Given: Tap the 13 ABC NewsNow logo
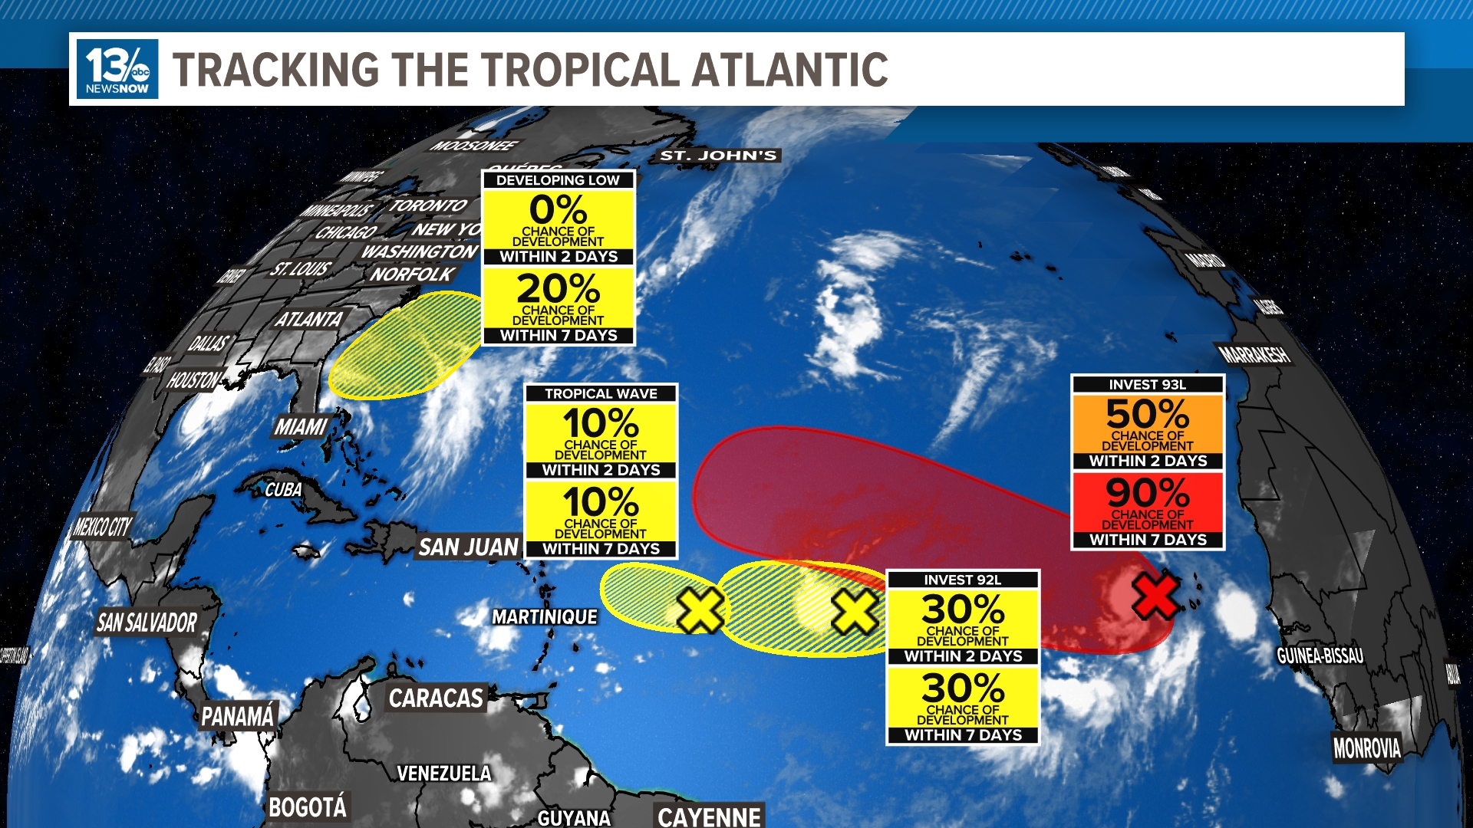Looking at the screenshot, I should pos(117,69).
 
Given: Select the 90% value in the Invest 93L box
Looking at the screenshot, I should pos(1147,493).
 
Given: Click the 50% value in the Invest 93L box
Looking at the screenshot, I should pos(1147,414).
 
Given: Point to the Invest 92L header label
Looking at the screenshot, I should pos(962,580).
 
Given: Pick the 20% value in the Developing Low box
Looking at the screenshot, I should pos(558,289).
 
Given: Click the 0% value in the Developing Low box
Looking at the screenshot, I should pos(558,210).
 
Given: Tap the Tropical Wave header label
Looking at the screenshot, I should pos(601,394).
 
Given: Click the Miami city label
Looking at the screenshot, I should pos(301,427).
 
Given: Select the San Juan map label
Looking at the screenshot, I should pos(469,547).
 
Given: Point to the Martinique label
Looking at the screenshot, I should pos(545,617).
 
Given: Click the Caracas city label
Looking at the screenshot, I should pos(436,698).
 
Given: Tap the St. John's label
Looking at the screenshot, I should pos(719,156).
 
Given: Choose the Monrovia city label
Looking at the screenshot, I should pos(1366,747).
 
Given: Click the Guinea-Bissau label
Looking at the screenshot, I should pos(1320,655).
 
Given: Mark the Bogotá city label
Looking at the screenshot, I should pos(307,807).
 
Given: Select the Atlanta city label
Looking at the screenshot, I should pos(309,319).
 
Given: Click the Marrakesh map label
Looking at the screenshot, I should pos(1255,355).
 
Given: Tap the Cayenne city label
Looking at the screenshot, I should pos(709,816).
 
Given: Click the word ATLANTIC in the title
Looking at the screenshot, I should pos(789,70).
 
